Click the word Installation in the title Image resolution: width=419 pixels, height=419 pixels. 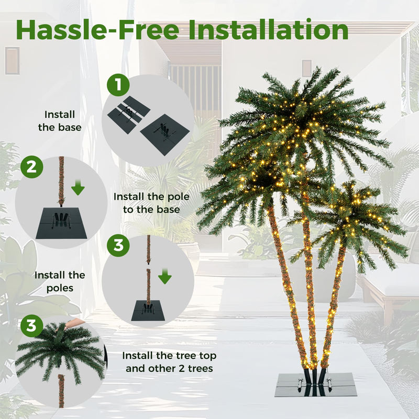(x=268, y=30)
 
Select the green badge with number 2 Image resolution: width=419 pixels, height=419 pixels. (x=31, y=167)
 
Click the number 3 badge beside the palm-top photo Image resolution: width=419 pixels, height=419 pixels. (x=32, y=326)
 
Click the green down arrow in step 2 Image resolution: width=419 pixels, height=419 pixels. (x=78, y=186)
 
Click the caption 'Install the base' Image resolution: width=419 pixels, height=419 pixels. (x=60, y=120)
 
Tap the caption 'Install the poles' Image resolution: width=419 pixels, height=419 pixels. (x=60, y=281)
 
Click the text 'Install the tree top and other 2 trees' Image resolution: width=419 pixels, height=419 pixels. (x=169, y=362)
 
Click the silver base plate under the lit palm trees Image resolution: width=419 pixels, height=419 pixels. (x=316, y=385)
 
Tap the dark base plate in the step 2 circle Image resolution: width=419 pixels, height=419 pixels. (x=61, y=224)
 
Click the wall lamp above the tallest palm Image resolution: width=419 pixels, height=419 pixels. (x=306, y=68)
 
